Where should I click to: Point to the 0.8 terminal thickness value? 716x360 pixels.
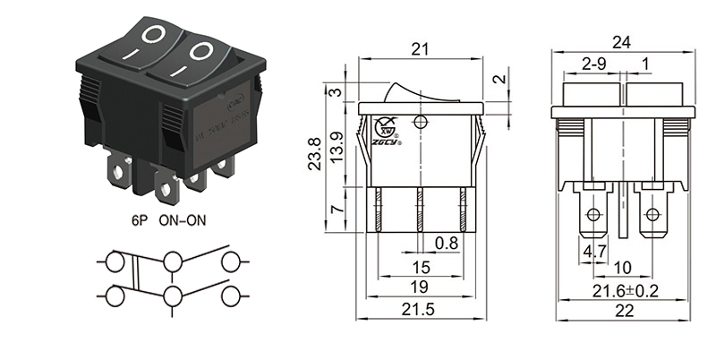point(447,243)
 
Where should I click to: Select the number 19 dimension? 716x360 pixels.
point(420,287)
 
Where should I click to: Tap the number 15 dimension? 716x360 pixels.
point(420,267)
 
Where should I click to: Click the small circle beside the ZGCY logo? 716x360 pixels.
point(421,122)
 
